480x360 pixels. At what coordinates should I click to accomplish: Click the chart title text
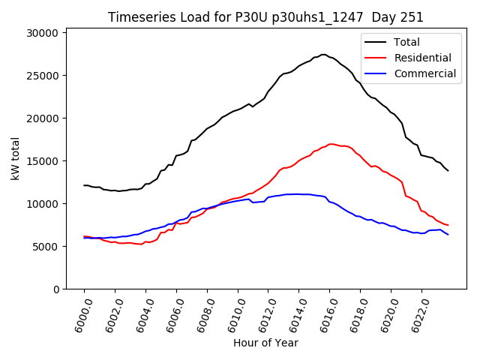point(265,17)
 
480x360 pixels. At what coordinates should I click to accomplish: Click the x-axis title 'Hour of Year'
point(265,343)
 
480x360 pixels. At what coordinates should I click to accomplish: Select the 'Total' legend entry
point(407,42)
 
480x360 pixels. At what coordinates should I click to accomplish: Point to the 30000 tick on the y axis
point(43,33)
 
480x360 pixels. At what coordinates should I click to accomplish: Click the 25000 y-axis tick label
point(43,76)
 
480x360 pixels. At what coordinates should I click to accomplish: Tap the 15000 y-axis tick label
point(43,161)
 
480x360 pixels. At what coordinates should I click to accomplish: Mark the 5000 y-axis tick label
point(46,247)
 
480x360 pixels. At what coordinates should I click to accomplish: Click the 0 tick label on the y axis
point(56,289)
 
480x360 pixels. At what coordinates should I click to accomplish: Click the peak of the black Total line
point(323,55)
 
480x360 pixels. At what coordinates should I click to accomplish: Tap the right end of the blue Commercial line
point(448,235)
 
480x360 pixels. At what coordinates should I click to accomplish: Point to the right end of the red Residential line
point(448,226)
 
